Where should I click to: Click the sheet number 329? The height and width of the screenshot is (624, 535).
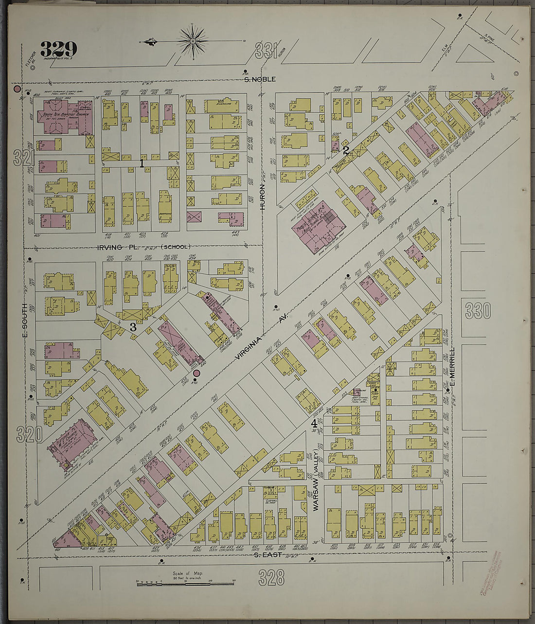tap(58, 49)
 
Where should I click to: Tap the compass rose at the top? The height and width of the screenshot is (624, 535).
tap(193, 41)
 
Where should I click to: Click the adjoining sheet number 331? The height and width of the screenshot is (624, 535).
tap(266, 51)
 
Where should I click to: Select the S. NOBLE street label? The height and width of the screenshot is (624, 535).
tap(260, 79)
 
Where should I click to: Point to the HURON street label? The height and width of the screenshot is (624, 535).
tap(263, 197)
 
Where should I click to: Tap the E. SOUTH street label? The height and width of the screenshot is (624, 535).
tap(25, 320)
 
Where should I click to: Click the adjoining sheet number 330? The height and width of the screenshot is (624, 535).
tap(478, 310)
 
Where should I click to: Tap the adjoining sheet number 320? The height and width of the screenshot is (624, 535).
tap(29, 434)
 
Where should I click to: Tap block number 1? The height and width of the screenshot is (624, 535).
tap(142, 163)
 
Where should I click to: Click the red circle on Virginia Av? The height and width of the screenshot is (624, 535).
tap(196, 373)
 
